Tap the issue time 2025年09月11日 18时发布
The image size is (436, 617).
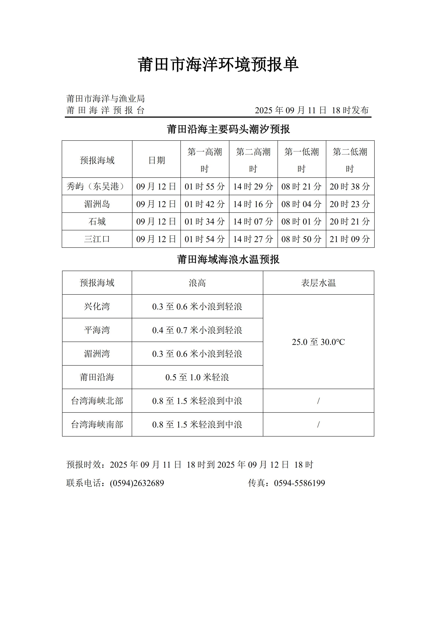(311, 110)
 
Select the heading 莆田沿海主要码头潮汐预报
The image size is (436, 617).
(228, 129)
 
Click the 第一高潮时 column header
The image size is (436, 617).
(205, 160)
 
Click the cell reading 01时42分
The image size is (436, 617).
(205, 204)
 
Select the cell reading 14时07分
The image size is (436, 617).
(253, 221)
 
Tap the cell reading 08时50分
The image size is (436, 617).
(301, 239)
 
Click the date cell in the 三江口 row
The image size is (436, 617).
(156, 239)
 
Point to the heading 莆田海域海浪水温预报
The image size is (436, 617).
(228, 260)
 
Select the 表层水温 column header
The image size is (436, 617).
(318, 283)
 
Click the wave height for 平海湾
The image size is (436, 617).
(197, 330)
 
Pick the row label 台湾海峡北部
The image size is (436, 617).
(97, 401)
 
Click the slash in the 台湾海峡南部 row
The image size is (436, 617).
(318, 425)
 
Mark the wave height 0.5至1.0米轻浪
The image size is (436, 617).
(197, 377)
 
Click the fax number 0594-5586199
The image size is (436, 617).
(299, 483)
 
